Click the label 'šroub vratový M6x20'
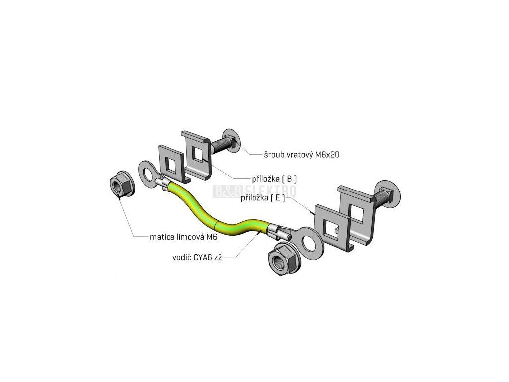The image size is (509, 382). [x=302, y=155]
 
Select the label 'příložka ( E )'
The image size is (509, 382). [x=263, y=197]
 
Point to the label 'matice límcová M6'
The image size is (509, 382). [x=183, y=237]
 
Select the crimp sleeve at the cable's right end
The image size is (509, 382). [x=282, y=231]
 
